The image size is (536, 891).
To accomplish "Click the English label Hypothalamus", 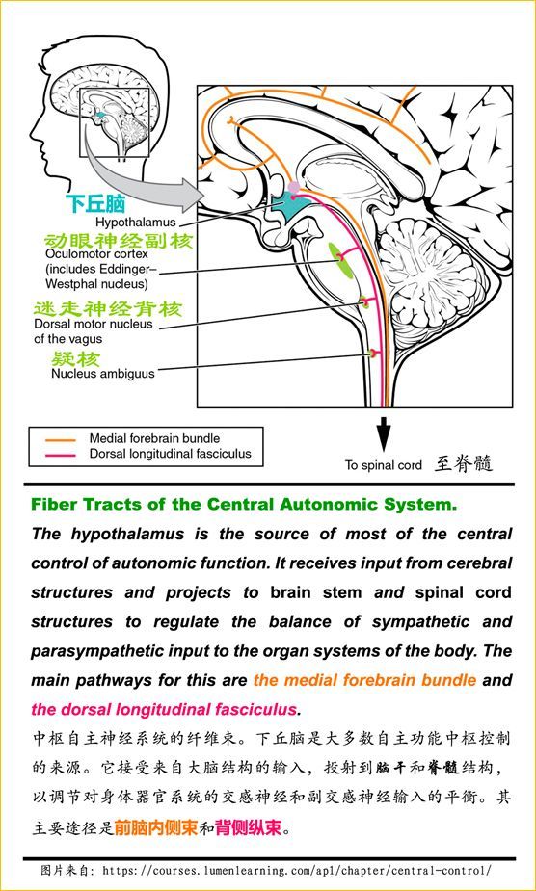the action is [135, 222].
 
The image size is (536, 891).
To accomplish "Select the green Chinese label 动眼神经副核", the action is [119, 241].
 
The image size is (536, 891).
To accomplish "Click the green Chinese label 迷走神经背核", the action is [108, 309].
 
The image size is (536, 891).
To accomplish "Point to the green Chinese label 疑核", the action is [76, 359].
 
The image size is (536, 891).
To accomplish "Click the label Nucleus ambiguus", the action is [102, 374].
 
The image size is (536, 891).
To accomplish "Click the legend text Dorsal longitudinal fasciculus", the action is [170, 454].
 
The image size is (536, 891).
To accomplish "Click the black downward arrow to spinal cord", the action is [385, 433].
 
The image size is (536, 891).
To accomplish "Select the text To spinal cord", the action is [383, 465].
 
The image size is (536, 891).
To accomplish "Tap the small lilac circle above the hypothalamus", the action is [294, 187].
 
